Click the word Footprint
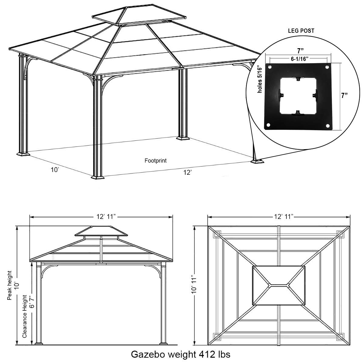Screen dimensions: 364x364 [x=155, y=161]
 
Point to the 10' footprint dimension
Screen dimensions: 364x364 [x=55, y=170]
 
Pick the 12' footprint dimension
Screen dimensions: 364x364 [x=187, y=172]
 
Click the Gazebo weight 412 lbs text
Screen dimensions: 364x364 [x=180, y=354]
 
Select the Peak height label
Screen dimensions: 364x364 [x=10, y=285]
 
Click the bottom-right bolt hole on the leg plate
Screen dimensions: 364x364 [x=327, y=125]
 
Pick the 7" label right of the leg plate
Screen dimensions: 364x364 [x=344, y=96]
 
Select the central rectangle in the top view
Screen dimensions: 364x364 [x=278, y=285]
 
